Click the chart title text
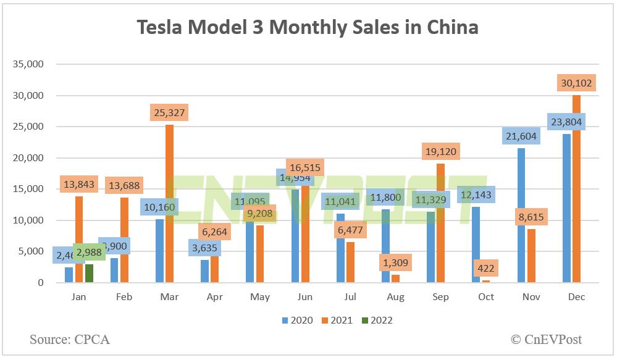click(x=308, y=28)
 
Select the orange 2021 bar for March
click(x=169, y=204)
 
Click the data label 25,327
click(x=169, y=112)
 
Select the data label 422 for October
click(x=486, y=269)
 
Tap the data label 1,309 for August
click(x=396, y=263)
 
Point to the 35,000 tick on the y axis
click(x=30, y=64)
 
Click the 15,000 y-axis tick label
click(x=30, y=189)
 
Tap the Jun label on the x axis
click(x=305, y=297)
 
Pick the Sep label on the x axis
click(x=441, y=297)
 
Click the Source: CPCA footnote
click(x=70, y=339)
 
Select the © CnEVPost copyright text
click(x=545, y=339)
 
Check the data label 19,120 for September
click(x=441, y=151)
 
